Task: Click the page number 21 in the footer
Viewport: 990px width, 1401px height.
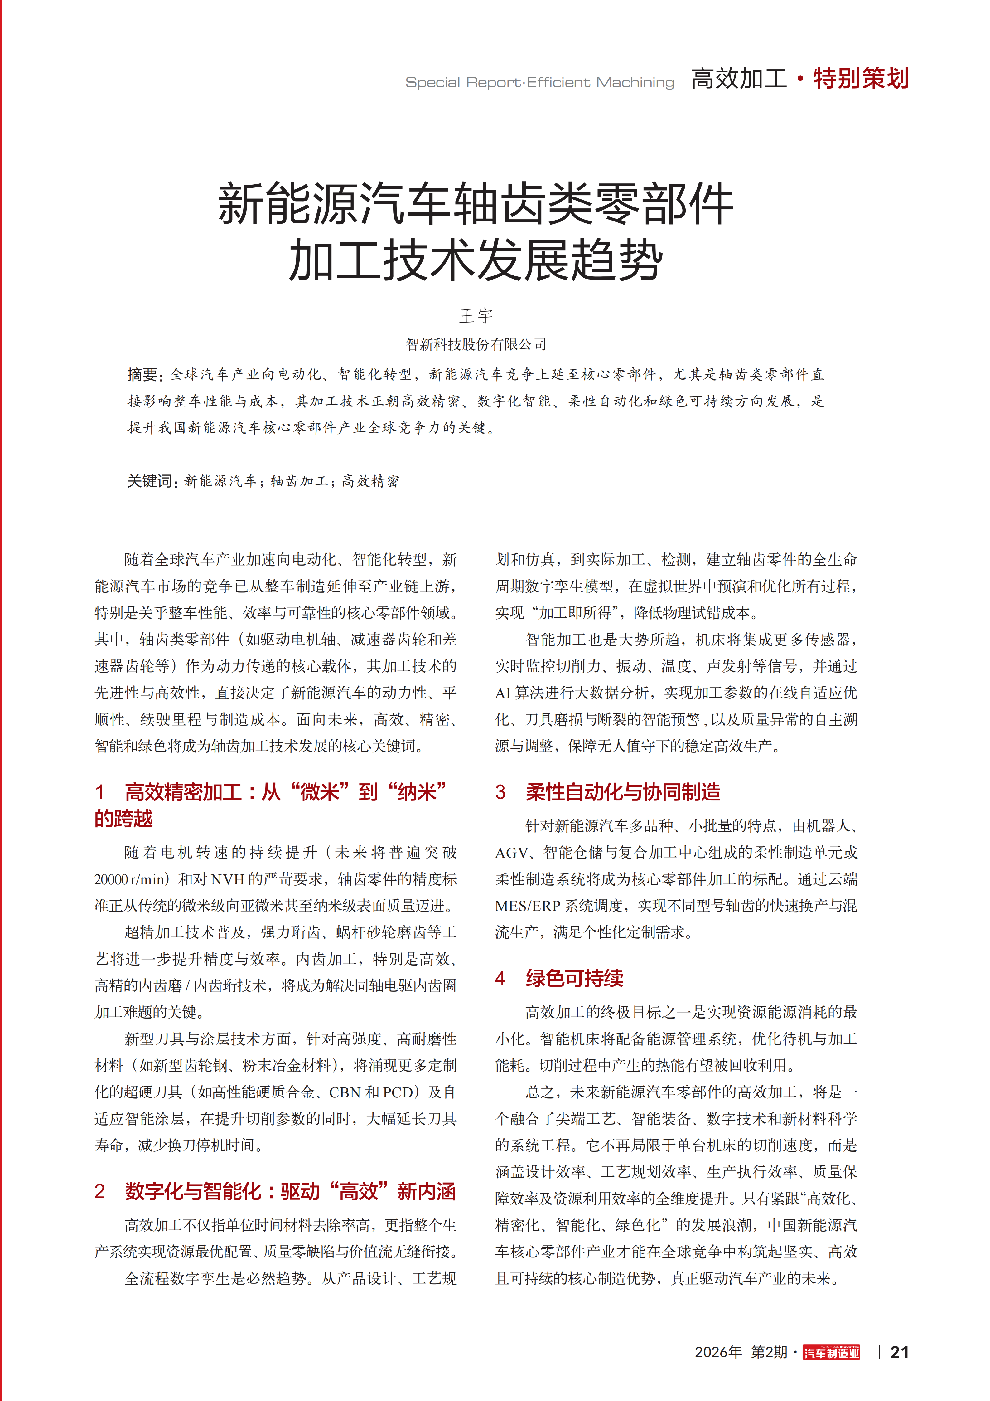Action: (x=899, y=1352)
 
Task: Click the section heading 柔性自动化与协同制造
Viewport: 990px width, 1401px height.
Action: (x=623, y=792)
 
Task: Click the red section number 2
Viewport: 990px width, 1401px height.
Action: (x=100, y=1191)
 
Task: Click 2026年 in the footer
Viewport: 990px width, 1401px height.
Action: (x=718, y=1352)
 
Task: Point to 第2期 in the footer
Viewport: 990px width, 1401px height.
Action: (x=769, y=1352)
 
